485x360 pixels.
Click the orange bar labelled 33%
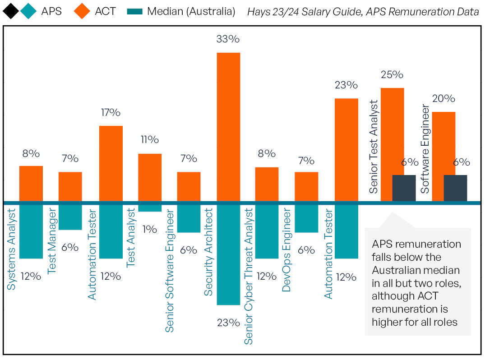click(228, 127)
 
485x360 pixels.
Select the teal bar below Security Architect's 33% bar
click(228, 254)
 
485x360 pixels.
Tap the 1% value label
click(149, 229)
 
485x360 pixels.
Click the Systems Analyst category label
click(12, 249)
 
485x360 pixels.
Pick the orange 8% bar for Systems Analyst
click(31, 184)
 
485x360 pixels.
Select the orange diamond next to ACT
click(82, 11)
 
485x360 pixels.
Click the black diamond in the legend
click(11, 11)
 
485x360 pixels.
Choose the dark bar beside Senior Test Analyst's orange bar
click(404, 188)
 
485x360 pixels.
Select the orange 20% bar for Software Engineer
click(443, 156)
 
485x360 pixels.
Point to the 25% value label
click(392, 75)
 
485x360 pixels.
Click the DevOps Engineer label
click(286, 250)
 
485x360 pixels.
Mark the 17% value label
click(111, 113)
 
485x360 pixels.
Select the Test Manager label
click(51, 240)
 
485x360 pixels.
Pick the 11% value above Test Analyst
click(149, 140)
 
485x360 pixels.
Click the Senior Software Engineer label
click(169, 270)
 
